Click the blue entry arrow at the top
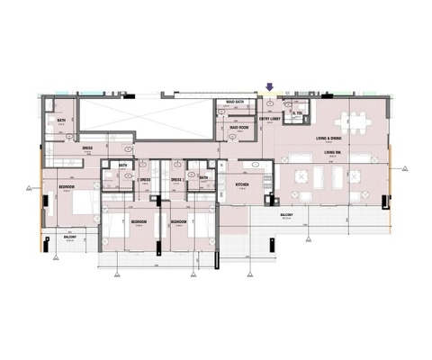click(x=268, y=87)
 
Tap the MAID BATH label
click(x=236, y=103)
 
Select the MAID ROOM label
click(x=238, y=128)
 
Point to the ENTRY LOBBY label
click(x=269, y=118)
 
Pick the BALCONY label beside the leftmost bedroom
click(x=70, y=236)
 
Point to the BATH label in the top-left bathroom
click(x=62, y=121)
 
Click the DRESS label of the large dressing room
click(x=88, y=148)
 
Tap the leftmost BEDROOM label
click(x=67, y=186)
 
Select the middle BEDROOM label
click(x=139, y=220)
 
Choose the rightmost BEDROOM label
click(x=178, y=220)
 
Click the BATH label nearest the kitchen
click(x=203, y=177)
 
